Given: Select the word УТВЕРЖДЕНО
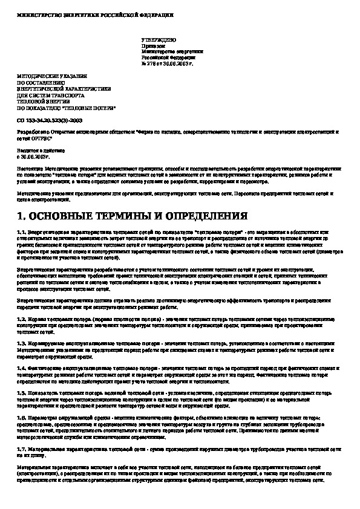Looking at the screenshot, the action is [154, 39].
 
